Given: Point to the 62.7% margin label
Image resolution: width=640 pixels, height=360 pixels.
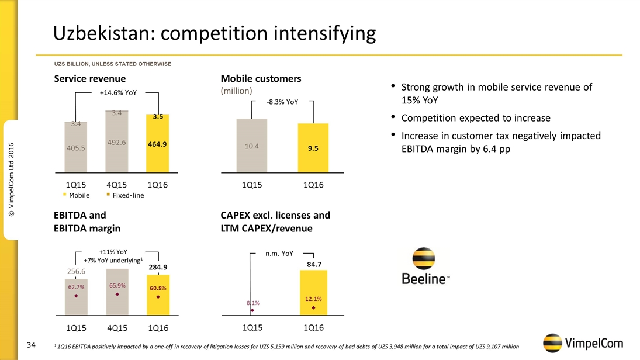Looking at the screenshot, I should (76, 287).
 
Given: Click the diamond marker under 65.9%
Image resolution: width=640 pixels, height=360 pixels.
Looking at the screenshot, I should (117, 295).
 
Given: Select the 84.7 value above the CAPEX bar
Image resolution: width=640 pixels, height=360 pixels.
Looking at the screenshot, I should (314, 264).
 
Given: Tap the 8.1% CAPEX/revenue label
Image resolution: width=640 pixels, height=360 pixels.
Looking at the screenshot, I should (252, 303).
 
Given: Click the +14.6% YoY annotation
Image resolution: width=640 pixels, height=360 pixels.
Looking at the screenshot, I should (119, 92).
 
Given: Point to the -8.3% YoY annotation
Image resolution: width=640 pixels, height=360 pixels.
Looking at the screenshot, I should (282, 102).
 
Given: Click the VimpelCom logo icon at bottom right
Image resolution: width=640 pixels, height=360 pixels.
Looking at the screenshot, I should (553, 344).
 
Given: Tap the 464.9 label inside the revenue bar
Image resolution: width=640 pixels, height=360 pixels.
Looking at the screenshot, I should (158, 144).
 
